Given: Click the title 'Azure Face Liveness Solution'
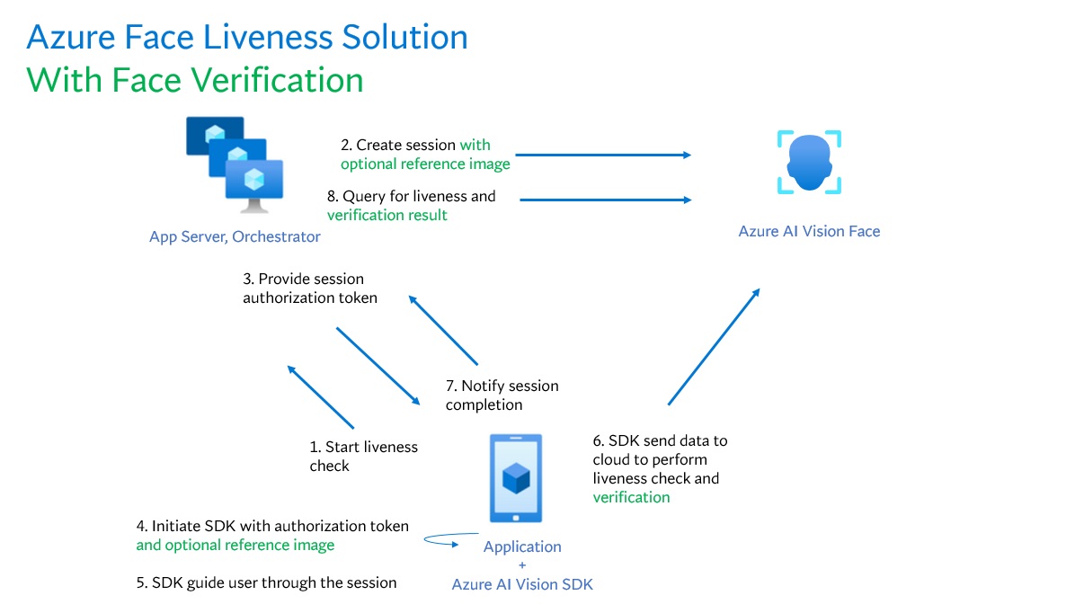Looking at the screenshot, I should point(247,38).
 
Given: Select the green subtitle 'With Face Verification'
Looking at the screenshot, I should point(195,80).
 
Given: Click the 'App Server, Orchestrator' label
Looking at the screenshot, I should point(235,237).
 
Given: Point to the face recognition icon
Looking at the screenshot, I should point(809,162).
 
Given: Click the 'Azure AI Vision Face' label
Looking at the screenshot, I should point(809,231).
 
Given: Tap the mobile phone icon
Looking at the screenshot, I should point(516,477).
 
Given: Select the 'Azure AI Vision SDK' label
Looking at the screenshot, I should point(522,584).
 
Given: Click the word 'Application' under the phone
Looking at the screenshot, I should point(522,546).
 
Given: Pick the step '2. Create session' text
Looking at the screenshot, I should point(398,145).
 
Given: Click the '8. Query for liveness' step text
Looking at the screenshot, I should point(412,196).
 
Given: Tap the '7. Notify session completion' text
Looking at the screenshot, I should point(502,395).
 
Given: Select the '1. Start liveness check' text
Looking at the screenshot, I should point(363,456).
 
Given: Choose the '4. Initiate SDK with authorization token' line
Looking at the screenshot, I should point(272,526).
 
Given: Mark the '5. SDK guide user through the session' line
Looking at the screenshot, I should point(266,582).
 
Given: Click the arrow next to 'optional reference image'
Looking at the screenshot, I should point(602,155).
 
